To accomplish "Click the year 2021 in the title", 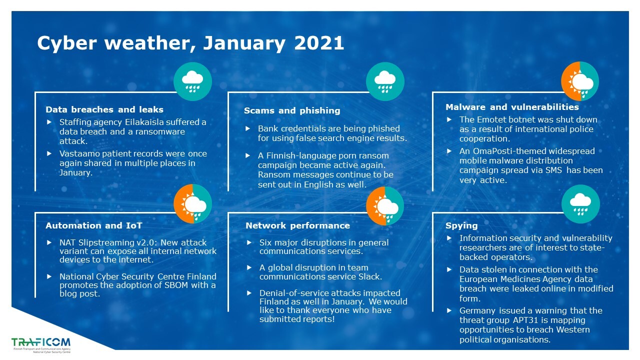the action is (319, 43).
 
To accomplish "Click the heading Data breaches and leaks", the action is (104, 109).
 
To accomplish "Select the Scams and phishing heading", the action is (292, 110).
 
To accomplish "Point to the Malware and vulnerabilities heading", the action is (512, 107).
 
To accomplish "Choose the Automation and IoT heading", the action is (93, 225).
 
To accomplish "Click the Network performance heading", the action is (297, 225).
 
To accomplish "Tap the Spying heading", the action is (461, 225).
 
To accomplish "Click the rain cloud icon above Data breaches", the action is (192, 81).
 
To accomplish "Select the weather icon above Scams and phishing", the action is (385, 81).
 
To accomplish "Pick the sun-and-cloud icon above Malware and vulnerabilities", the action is (579, 81).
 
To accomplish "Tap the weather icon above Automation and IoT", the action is (192, 203).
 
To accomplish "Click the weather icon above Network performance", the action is (385, 206).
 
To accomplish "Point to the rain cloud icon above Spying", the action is (580, 203).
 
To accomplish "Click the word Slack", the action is (370, 276).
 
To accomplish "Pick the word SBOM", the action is (176, 285).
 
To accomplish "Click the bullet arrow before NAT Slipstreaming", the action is (49, 242).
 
